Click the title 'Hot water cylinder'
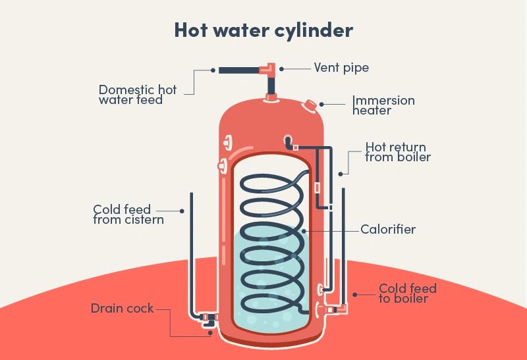coord(263,30)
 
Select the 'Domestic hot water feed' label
coord(138,95)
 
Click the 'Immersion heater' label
coord(383,105)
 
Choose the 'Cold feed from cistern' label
coord(128,215)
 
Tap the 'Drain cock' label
coord(122,307)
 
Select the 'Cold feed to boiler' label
coord(407,294)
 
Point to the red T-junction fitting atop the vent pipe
coord(270,68)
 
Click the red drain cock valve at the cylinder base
coord(209,320)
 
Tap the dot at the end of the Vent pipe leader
coord(281,68)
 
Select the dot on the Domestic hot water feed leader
coord(213,68)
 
